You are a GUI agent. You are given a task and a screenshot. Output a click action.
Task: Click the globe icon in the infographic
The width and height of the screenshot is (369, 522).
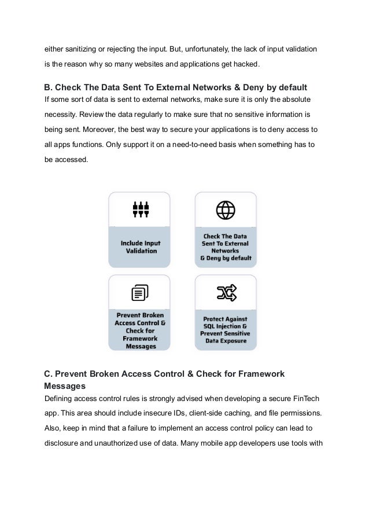coord(226,209)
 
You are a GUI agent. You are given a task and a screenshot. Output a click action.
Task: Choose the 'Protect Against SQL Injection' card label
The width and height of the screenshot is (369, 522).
coord(226,330)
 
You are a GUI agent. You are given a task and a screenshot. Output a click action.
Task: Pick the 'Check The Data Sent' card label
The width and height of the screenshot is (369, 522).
coord(226,247)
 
